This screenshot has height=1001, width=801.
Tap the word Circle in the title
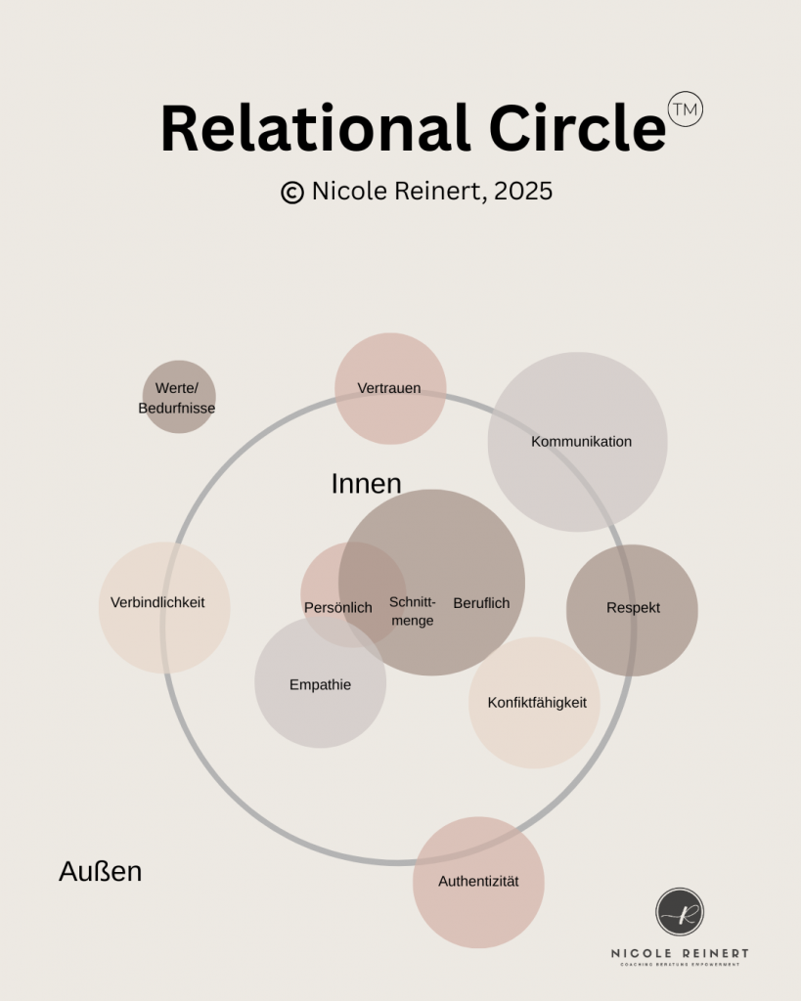577,129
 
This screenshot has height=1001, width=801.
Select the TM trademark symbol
685,109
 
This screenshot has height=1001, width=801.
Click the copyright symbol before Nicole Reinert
291,193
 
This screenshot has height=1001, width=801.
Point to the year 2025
523,192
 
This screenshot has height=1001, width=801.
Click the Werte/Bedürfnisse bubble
178,397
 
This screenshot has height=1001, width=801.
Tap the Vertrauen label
389,388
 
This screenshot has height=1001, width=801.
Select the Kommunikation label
581,442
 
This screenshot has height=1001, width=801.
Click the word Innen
366,484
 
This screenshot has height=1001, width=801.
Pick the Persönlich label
337,608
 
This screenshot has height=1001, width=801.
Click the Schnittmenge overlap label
412,611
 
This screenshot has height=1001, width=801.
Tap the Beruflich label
481,603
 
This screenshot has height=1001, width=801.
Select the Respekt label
633,608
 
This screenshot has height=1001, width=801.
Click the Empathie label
320,685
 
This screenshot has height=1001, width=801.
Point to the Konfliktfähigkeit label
537,703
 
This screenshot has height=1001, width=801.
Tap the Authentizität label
478,882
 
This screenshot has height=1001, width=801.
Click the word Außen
100,871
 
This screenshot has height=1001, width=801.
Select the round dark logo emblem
680,912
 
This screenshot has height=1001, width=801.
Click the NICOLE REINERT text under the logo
680,953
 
